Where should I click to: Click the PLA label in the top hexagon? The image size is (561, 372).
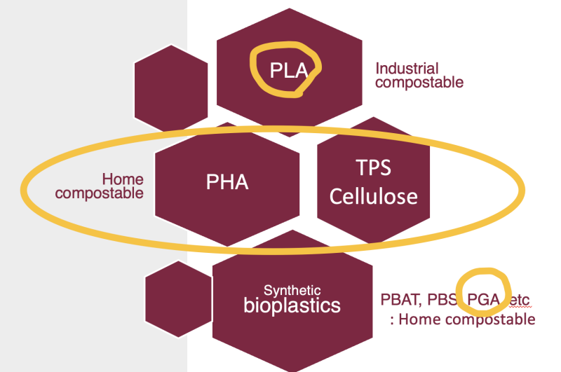[x=289, y=70]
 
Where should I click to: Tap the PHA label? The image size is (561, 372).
[x=227, y=182]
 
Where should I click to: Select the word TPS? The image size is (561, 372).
[x=373, y=167]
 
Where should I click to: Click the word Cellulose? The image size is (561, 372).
[x=374, y=197]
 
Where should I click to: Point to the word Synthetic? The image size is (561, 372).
[x=292, y=290]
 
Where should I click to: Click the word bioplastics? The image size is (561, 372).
[x=292, y=306]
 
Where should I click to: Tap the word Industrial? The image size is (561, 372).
[x=407, y=69]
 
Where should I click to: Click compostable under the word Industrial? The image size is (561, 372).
[x=419, y=83]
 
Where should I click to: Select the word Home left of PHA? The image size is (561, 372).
[x=123, y=179]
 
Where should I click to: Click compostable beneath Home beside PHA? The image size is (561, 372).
[x=99, y=193]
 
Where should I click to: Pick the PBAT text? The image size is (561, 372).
[x=398, y=299]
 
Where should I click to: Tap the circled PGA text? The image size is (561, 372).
[x=483, y=299]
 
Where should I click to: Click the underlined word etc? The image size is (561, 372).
[x=519, y=300]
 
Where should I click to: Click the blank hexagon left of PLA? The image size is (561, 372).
[x=171, y=88]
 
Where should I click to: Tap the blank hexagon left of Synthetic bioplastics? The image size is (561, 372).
[x=179, y=299]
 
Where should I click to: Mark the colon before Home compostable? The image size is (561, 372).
[x=392, y=320]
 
